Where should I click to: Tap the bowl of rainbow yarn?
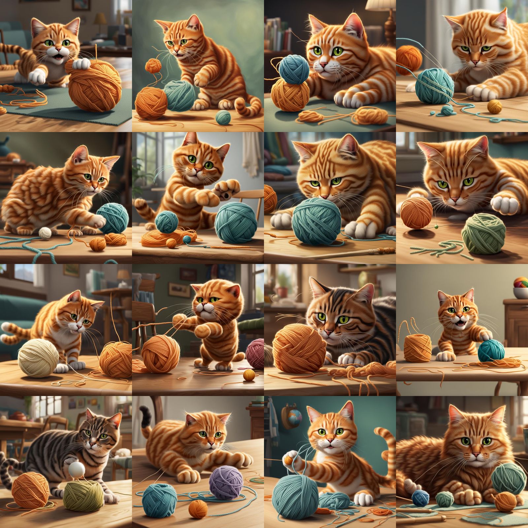521,284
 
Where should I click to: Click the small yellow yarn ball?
494,106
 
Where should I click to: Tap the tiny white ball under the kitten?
45,233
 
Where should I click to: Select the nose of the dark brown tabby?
328,332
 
